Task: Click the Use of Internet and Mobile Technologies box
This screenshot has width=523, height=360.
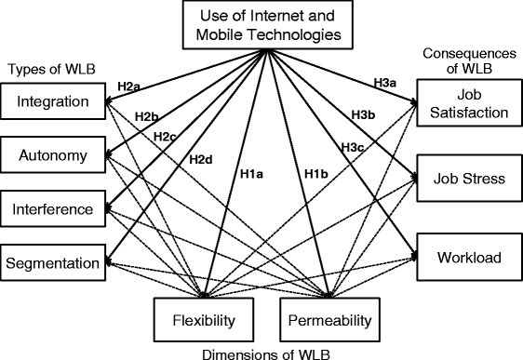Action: [268, 25]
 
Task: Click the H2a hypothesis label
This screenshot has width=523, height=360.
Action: [128, 87]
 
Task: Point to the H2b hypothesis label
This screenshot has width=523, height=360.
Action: [146, 116]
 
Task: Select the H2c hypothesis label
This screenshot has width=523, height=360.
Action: [166, 137]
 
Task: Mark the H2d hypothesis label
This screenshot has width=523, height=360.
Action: [201, 159]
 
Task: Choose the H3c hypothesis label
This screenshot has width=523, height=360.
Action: [351, 147]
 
